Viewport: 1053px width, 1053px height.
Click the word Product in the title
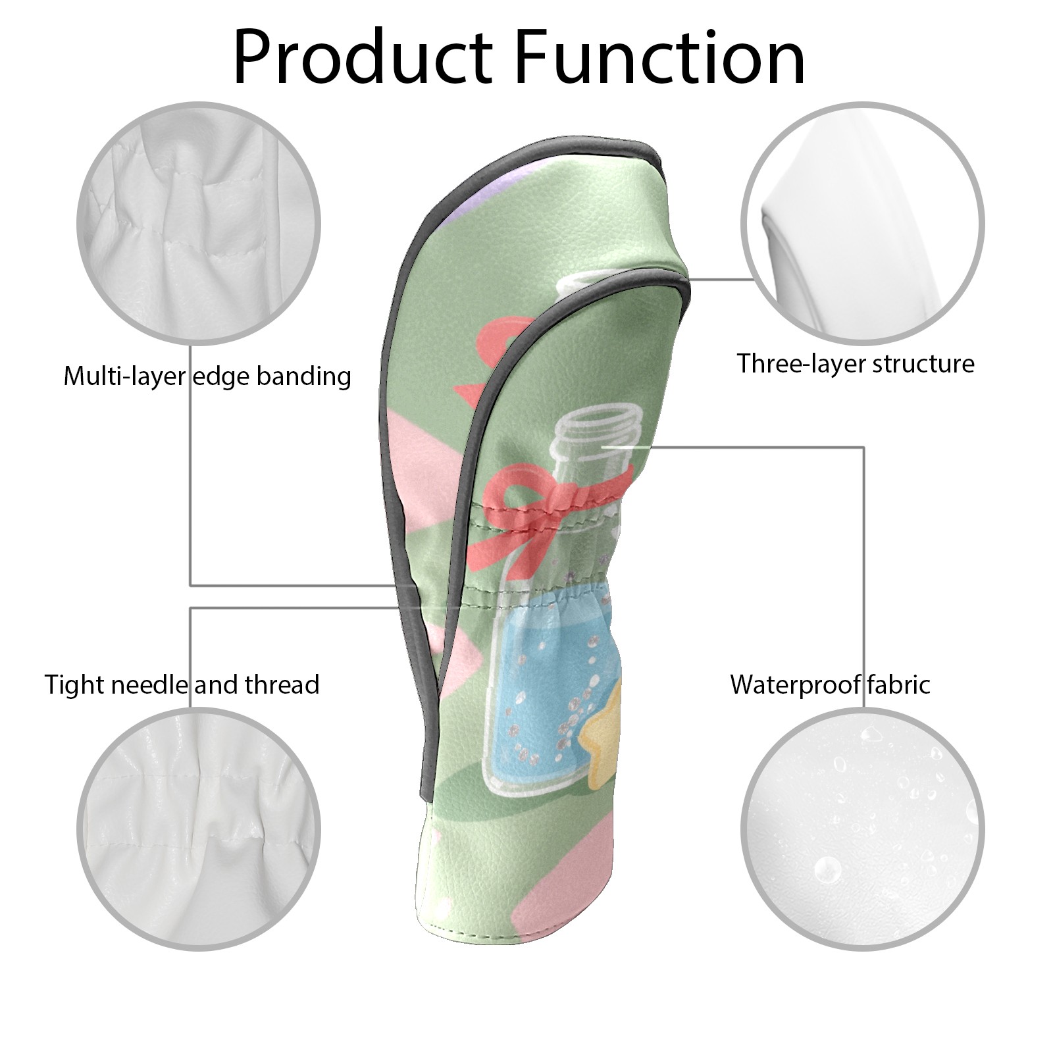[363, 57]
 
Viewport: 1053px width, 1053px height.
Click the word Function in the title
[660, 57]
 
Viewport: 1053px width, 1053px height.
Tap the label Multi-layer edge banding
[207, 376]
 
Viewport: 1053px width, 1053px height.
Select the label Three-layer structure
[855, 363]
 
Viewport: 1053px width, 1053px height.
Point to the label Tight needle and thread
[182, 684]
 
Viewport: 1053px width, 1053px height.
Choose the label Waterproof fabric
[830, 684]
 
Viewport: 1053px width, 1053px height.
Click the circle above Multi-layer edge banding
[199, 223]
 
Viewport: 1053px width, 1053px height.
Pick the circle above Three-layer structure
[862, 223]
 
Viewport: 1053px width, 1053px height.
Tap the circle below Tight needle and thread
[199, 830]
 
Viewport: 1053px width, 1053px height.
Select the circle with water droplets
[862, 830]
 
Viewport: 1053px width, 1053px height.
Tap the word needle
[152, 684]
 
